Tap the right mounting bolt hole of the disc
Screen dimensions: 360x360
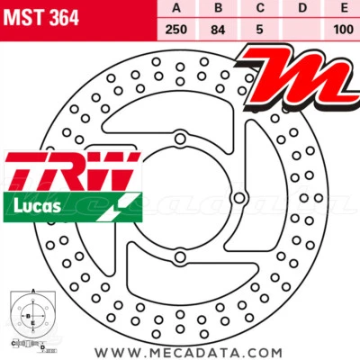[x=240, y=197]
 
